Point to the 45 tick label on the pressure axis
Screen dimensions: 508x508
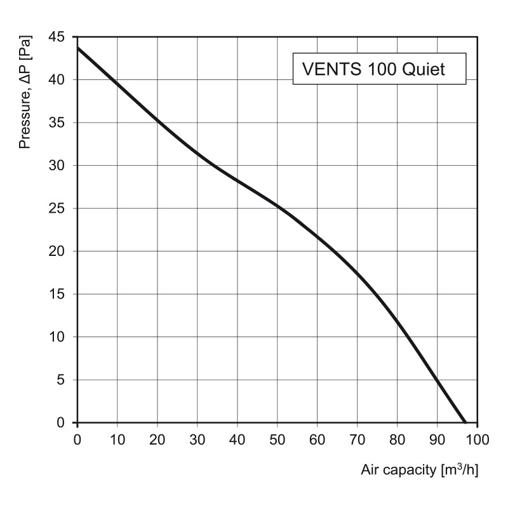click(x=57, y=37)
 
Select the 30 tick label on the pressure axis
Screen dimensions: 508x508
click(x=57, y=166)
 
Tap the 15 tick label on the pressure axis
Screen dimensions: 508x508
click(x=57, y=294)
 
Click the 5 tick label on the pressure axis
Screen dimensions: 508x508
click(x=62, y=380)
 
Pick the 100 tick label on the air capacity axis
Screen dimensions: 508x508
click(x=477, y=439)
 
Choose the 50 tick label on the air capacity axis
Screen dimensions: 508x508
click(x=277, y=439)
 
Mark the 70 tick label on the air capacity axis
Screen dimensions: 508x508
click(x=357, y=439)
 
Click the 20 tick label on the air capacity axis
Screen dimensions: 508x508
click(x=157, y=439)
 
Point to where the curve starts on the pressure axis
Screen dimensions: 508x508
click(x=77, y=48)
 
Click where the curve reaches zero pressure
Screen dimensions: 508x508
click(x=465, y=422)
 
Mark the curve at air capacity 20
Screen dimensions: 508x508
click(x=157, y=119)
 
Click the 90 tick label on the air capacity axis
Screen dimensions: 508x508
click(x=437, y=439)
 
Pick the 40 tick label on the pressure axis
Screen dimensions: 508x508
click(x=57, y=80)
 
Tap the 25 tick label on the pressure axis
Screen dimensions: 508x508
click(x=57, y=208)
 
